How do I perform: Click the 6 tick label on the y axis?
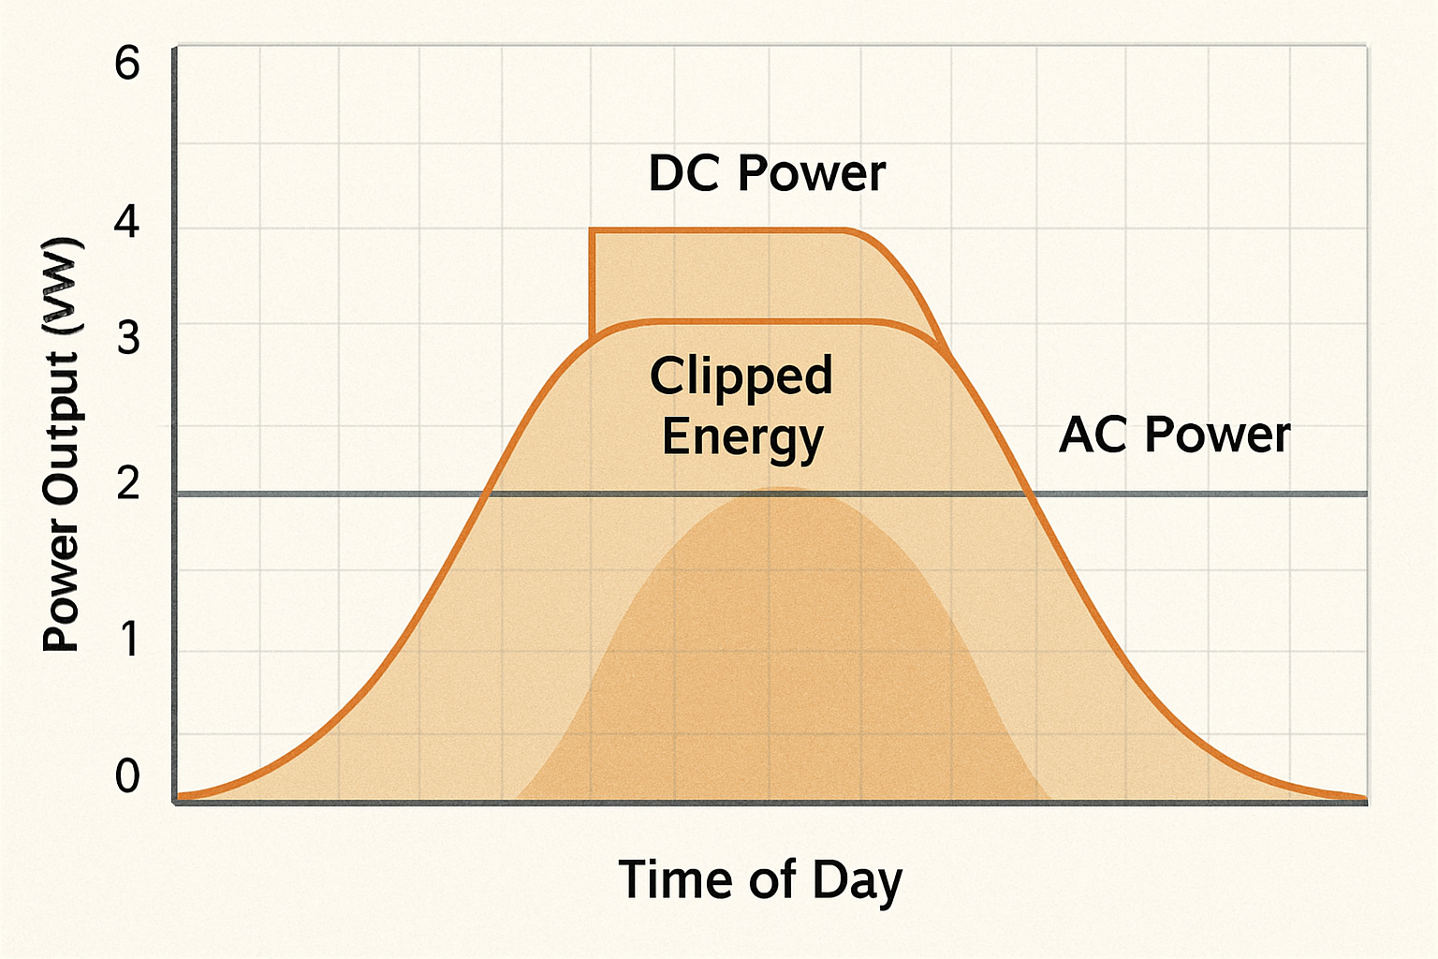(127, 64)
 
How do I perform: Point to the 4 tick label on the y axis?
(127, 221)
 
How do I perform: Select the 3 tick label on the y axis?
(128, 337)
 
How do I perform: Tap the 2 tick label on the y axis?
(128, 482)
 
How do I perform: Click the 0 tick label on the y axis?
(127, 775)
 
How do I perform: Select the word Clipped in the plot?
(741, 376)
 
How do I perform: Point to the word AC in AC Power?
(1093, 435)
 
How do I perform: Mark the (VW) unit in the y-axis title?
(62, 287)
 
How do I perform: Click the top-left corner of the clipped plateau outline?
(591, 229)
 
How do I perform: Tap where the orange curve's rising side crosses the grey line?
(485, 494)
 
